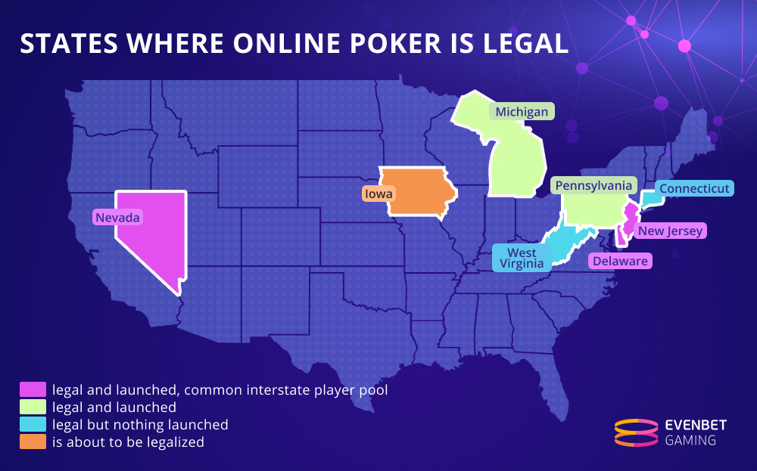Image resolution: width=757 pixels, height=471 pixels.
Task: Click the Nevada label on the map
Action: [118, 218]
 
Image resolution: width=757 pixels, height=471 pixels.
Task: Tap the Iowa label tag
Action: [378, 194]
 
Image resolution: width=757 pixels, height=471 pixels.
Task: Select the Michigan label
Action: [522, 112]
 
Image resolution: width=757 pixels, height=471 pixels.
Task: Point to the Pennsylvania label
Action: [593, 185]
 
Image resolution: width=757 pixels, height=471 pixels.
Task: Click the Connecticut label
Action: [694, 188]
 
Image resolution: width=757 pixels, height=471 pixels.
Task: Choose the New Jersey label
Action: [670, 231]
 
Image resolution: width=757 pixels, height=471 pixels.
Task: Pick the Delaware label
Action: [620, 261]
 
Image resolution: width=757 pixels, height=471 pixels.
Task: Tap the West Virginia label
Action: [522, 259]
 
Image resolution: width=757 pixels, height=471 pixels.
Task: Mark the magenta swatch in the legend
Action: [33, 390]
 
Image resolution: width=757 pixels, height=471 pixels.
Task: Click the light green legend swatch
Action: [33, 407]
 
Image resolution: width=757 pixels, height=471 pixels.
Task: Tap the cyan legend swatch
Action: [33, 425]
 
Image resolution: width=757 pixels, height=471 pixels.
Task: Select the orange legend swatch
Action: [33, 442]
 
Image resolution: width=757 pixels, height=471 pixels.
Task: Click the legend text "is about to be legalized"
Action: [128, 442]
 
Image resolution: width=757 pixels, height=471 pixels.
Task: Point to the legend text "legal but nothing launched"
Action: [140, 425]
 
